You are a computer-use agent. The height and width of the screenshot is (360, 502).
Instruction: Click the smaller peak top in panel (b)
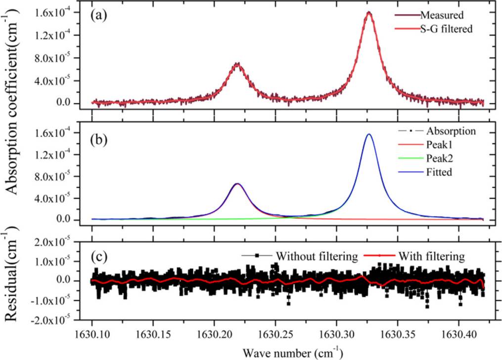point(237,184)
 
